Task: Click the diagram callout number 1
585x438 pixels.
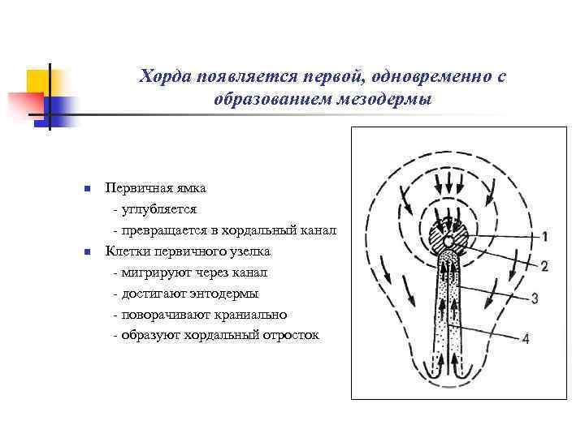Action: pos(544,237)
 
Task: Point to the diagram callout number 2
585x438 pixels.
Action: pos(544,265)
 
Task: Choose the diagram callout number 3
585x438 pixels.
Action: pos(535,298)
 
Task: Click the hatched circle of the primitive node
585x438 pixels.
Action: pos(447,242)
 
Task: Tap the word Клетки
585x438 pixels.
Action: pos(124,251)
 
